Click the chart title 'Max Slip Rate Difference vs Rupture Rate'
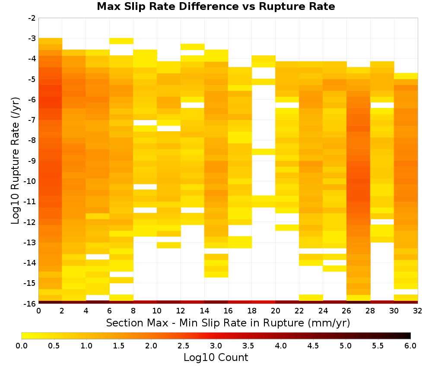click(x=216, y=6)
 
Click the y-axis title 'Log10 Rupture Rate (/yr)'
click(x=15, y=161)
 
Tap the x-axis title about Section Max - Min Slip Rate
click(x=228, y=323)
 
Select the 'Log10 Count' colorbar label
click(x=216, y=358)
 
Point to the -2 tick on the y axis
click(x=32, y=18)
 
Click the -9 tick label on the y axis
click(x=32, y=161)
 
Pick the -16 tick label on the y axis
click(x=30, y=304)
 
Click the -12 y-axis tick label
click(x=30, y=222)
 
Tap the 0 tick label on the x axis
click(x=38, y=311)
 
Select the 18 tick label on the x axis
click(x=252, y=311)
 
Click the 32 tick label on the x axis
click(x=418, y=311)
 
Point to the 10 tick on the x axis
click(x=157, y=311)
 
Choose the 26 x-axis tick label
click(x=346, y=311)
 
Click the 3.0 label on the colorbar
click(x=216, y=345)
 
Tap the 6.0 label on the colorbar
click(x=410, y=345)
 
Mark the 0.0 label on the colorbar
click(x=22, y=345)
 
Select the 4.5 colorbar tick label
click(x=313, y=345)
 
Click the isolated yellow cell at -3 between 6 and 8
click(x=121, y=41)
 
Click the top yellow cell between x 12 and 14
click(x=193, y=47)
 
